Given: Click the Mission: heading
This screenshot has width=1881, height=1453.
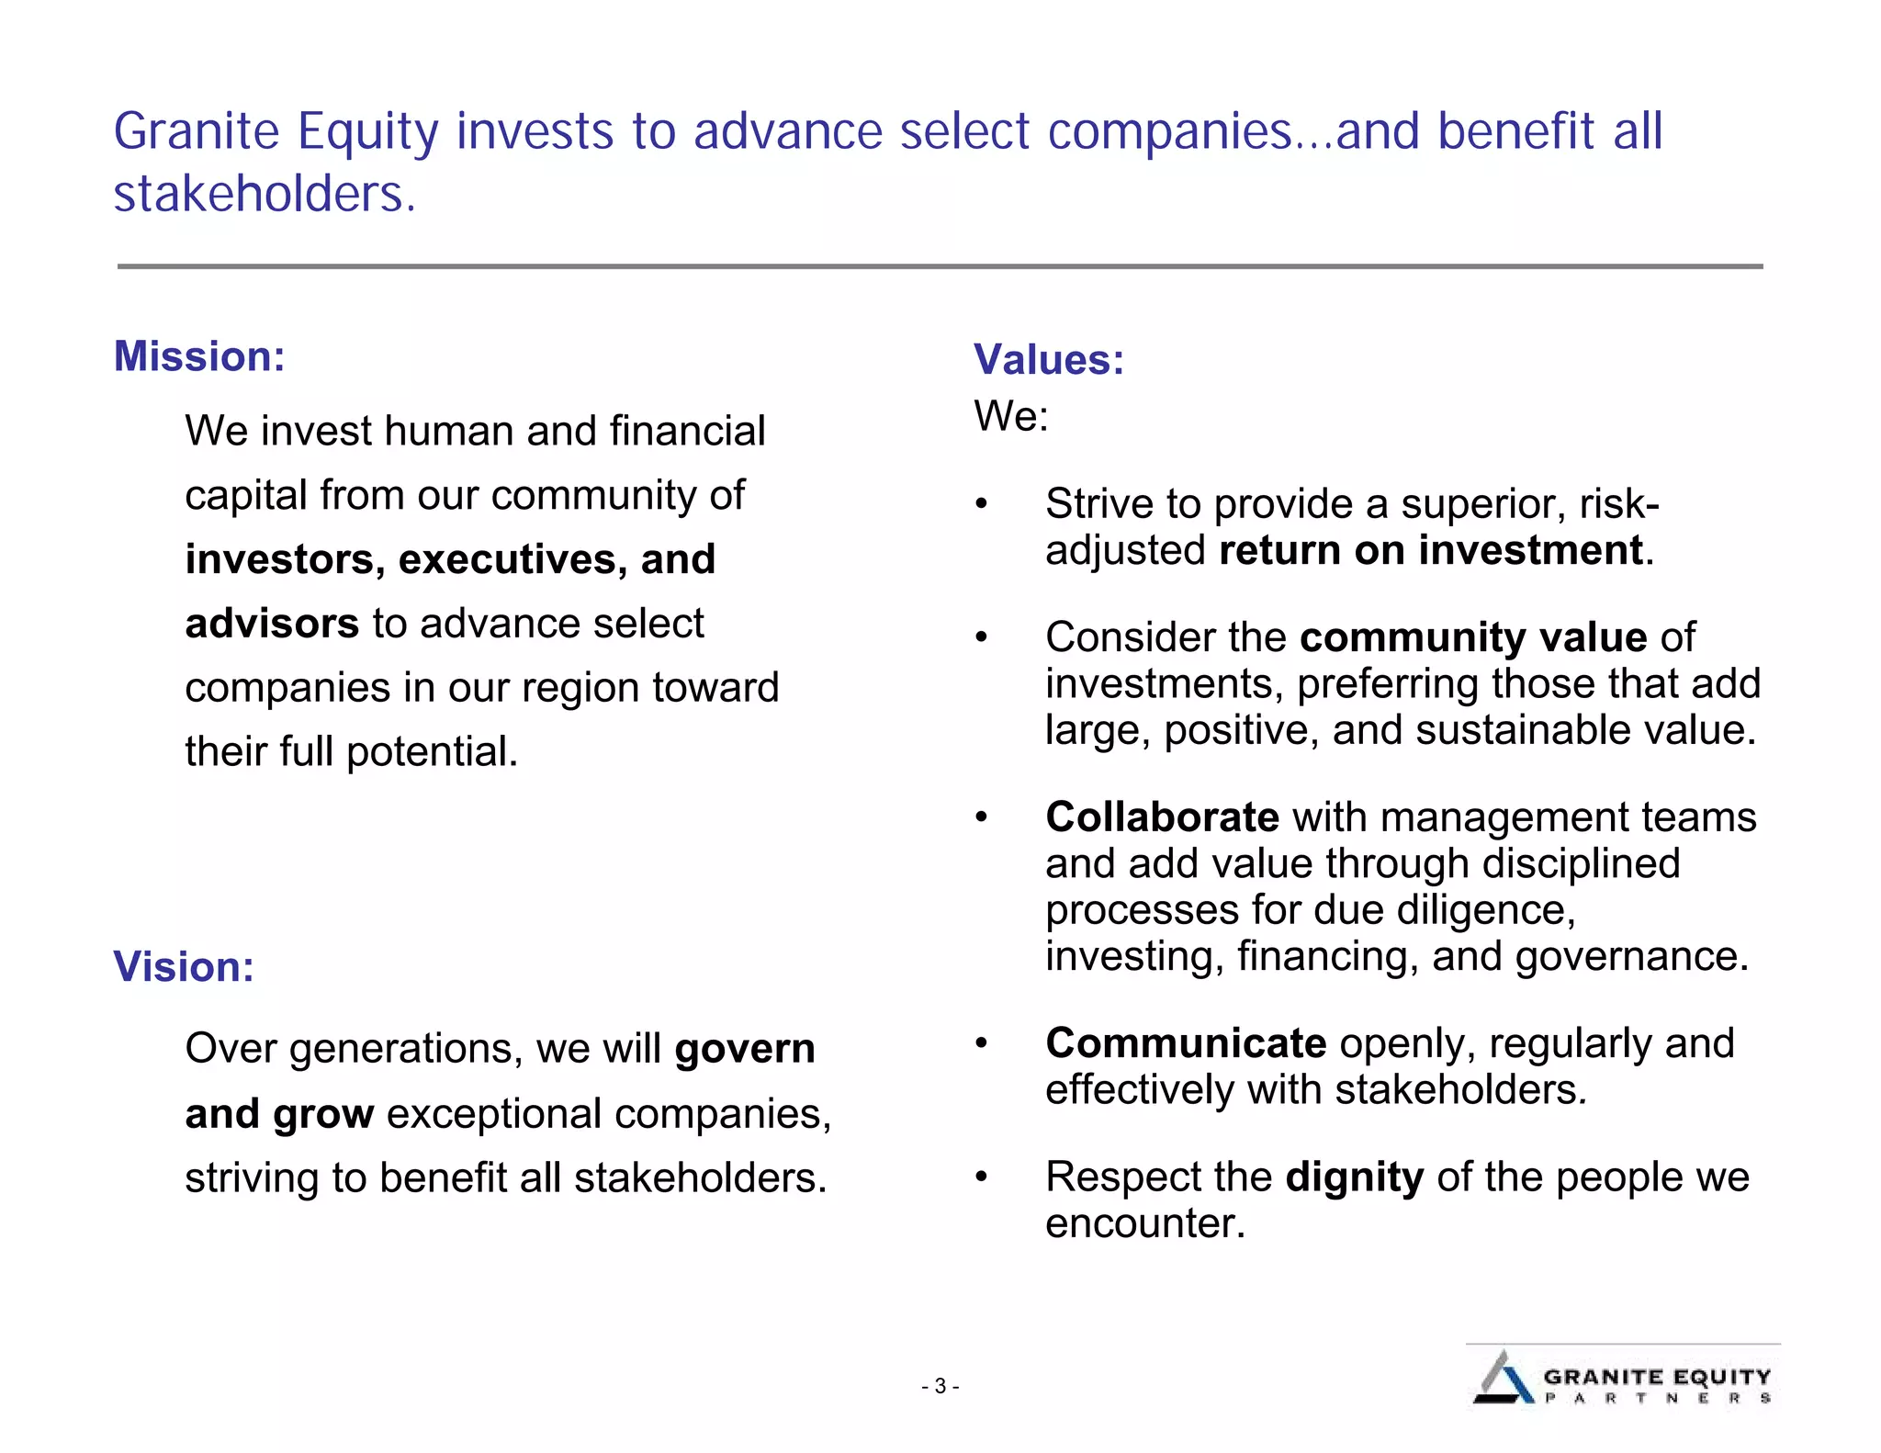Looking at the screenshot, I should click(x=199, y=356).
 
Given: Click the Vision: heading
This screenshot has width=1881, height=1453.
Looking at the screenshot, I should click(x=183, y=967).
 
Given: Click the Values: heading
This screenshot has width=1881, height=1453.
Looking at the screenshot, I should click(x=1048, y=359).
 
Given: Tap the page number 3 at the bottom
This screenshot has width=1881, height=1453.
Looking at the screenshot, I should click(x=940, y=1386).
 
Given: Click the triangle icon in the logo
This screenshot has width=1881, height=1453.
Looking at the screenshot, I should click(x=1503, y=1379).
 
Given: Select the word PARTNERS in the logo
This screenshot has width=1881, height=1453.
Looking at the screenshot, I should click(x=1657, y=1399).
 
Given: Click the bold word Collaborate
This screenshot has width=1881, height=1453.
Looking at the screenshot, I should click(x=1162, y=817).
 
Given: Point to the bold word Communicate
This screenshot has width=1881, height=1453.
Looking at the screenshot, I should click(x=1186, y=1043).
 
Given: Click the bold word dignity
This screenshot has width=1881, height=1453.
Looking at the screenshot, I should click(x=1354, y=1177).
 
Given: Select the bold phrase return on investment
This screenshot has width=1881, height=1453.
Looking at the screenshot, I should click(x=1430, y=550).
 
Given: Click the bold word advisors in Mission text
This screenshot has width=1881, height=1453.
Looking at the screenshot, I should click(x=271, y=624).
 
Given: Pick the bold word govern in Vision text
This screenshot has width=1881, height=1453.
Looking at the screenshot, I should click(x=744, y=1049).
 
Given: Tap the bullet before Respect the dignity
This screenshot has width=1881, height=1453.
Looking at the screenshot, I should click(x=981, y=1177).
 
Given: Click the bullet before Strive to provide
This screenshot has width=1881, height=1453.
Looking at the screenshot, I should click(x=981, y=504).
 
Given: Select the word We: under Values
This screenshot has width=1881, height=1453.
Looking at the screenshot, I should click(x=1010, y=416).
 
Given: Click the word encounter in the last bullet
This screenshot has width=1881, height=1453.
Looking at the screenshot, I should click(x=1144, y=1223).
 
